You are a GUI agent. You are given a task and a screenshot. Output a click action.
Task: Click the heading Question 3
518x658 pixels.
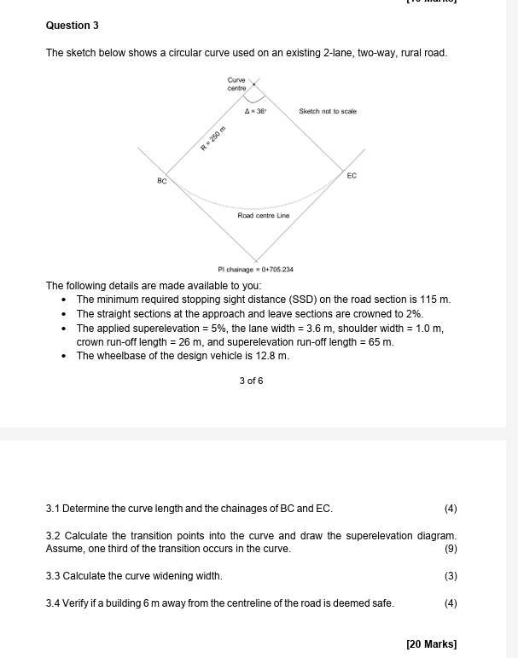pyautogui.click(x=72, y=26)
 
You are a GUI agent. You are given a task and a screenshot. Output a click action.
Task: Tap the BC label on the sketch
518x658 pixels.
pyautogui.click(x=161, y=181)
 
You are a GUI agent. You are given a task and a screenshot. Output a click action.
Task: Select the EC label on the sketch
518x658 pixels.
pyautogui.click(x=352, y=175)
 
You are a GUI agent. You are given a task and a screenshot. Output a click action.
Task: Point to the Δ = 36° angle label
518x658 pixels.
pyautogui.click(x=255, y=111)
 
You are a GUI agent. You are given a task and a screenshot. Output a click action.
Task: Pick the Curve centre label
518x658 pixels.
pyautogui.click(x=236, y=84)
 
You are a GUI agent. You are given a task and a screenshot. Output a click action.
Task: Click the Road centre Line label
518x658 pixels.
pyautogui.click(x=263, y=216)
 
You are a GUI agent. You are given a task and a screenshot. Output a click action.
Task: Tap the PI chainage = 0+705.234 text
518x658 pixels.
pyautogui.click(x=255, y=269)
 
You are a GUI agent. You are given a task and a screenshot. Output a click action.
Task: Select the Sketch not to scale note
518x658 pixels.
pyautogui.click(x=328, y=111)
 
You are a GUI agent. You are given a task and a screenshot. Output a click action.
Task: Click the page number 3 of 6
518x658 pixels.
pyautogui.click(x=251, y=381)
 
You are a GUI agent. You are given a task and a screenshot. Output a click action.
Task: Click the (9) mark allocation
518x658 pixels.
pyautogui.click(x=451, y=549)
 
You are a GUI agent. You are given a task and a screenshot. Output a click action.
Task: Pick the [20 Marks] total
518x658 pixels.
pyautogui.click(x=432, y=643)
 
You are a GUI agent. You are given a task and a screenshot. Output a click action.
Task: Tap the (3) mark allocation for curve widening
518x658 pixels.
pyautogui.click(x=451, y=576)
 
